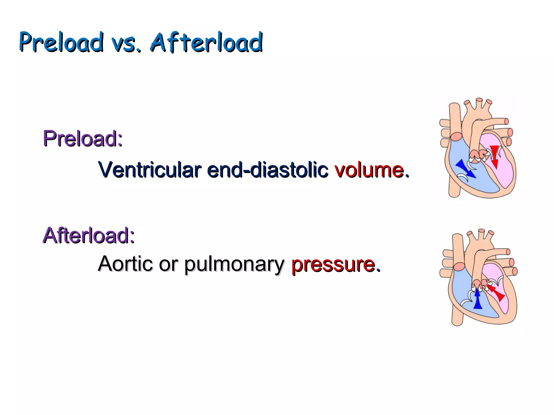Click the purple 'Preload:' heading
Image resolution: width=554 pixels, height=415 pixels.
click(x=83, y=138)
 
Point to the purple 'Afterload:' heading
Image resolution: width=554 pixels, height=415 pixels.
click(x=89, y=235)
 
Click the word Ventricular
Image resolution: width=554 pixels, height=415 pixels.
click(x=150, y=170)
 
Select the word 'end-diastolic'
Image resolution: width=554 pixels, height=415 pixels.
click(x=268, y=170)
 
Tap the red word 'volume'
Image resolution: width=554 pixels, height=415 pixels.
click(x=369, y=170)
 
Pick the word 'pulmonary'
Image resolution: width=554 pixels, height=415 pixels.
click(x=234, y=264)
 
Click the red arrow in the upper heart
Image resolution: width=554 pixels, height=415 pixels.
click(x=494, y=157)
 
